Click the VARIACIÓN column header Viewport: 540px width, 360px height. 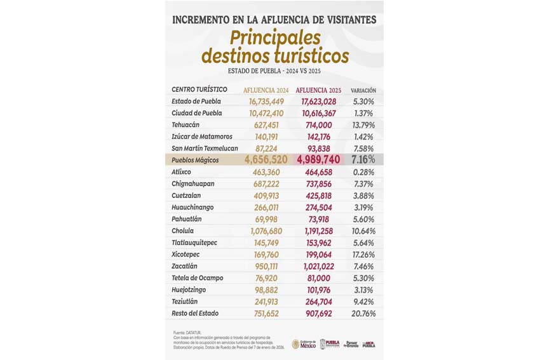point(363,90)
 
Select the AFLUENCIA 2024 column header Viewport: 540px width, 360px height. point(266,90)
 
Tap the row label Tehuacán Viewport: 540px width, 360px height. point(186,125)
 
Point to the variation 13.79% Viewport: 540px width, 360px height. point(363,125)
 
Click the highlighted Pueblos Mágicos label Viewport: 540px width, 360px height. point(195,160)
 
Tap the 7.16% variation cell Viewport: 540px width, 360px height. point(363,159)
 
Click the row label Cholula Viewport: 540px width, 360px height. point(183,231)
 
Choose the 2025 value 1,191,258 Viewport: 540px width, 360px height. point(314,231)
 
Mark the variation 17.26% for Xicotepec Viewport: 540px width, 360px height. point(363,255)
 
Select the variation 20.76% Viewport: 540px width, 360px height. point(363,314)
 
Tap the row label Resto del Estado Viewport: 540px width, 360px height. point(195,314)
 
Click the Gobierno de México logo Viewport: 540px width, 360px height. point(303,343)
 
